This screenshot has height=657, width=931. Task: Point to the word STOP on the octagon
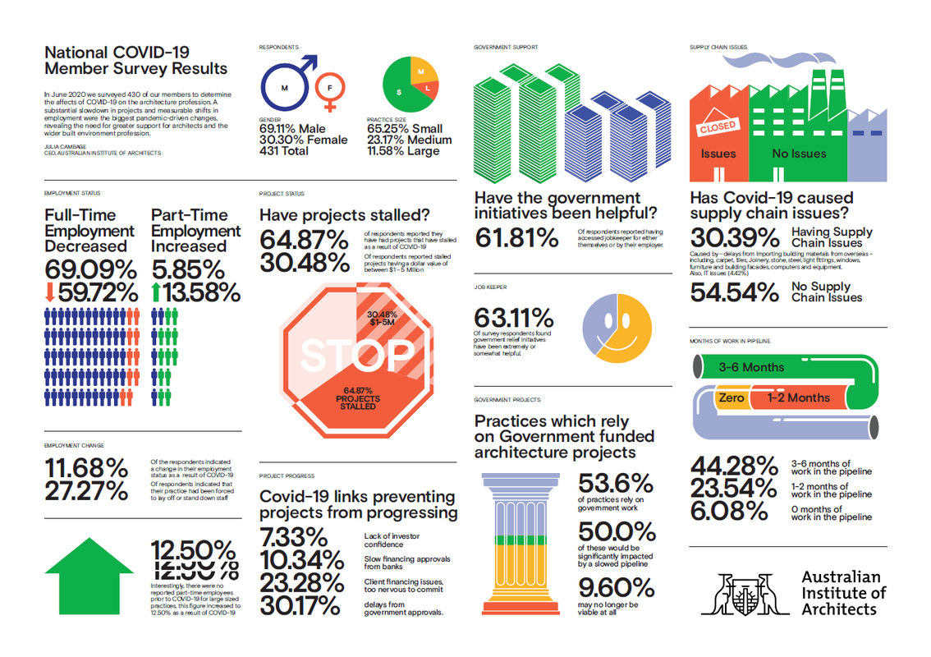click(x=355, y=354)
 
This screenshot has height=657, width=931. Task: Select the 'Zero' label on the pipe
click(x=731, y=398)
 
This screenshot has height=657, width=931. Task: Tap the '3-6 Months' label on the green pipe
click(x=751, y=367)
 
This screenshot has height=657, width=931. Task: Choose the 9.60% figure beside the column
click(x=617, y=588)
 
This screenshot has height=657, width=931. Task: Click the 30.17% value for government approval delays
click(x=300, y=606)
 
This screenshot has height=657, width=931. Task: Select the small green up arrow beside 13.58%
click(x=156, y=292)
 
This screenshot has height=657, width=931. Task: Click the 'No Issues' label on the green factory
click(x=799, y=154)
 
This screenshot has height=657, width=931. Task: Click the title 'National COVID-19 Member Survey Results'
click(x=135, y=60)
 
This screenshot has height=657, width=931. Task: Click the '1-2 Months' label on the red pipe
click(x=798, y=398)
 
